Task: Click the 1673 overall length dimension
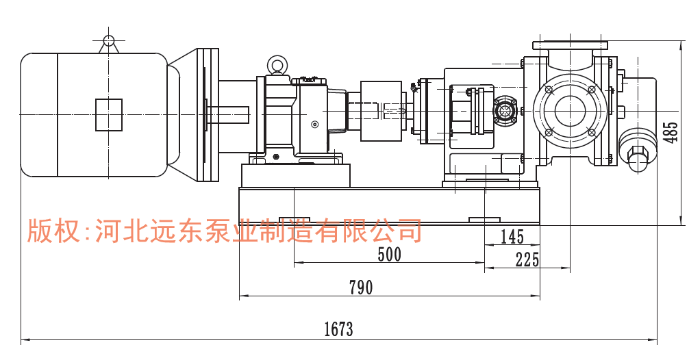pos(338,329)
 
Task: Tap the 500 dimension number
pos(389,255)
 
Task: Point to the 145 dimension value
pos(512,237)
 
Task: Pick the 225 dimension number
pos(527,259)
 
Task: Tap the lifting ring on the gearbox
pos(277,65)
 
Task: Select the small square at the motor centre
pos(108,114)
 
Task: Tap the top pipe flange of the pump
pos(570,45)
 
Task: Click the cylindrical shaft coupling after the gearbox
pos(381,111)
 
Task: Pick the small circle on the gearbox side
pos(314,124)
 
